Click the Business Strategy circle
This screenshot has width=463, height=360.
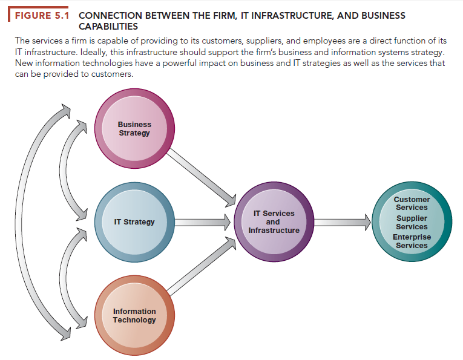tap(134, 129)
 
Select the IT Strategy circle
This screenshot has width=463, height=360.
tap(134, 222)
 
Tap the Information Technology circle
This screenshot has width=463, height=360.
tap(134, 315)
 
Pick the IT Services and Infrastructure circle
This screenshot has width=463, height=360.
tap(274, 222)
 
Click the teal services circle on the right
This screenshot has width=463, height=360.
tap(412, 222)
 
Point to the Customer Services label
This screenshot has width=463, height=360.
tap(412, 203)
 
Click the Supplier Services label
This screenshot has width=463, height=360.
tap(412, 223)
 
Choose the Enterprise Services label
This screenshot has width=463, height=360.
tap(412, 241)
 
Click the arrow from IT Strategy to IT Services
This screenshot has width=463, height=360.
tap(203, 222)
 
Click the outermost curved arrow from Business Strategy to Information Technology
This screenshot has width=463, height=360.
tap(27, 222)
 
